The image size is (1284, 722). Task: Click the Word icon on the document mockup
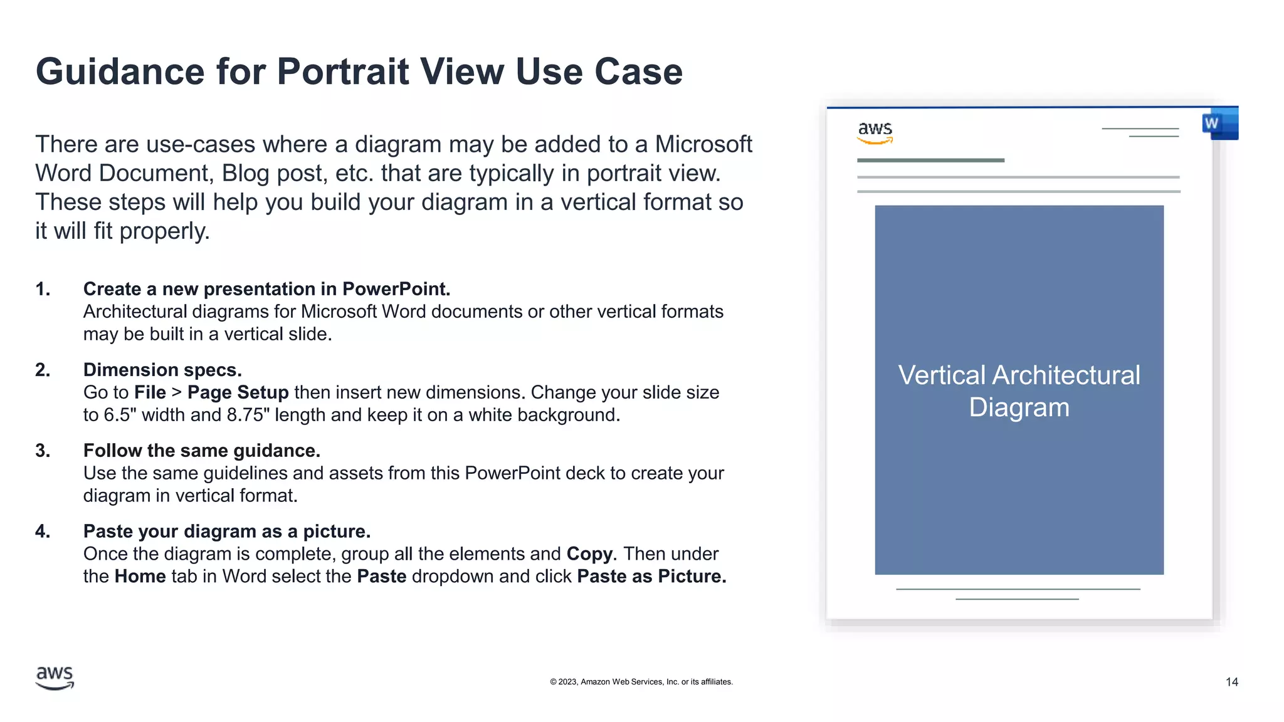click(1219, 124)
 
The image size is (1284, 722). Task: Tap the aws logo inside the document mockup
click(875, 132)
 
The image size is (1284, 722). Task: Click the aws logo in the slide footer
click(55, 678)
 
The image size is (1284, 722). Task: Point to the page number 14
click(1231, 682)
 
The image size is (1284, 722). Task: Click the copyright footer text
click(641, 682)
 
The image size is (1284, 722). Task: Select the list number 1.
click(42, 289)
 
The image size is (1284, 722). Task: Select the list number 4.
click(42, 531)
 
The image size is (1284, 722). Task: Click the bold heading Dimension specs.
click(162, 370)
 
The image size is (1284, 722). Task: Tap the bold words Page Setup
click(238, 392)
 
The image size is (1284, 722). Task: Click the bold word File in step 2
click(150, 392)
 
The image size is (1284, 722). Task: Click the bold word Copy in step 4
click(589, 554)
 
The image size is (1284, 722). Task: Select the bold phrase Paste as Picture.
click(651, 577)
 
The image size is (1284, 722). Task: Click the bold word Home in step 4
click(140, 577)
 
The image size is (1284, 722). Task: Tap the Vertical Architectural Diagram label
click(1019, 391)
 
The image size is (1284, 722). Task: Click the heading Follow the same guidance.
click(201, 451)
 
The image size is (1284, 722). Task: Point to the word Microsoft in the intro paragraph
click(703, 145)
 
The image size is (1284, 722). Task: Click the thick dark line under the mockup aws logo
click(930, 160)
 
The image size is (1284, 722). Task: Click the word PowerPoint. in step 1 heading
click(396, 289)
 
